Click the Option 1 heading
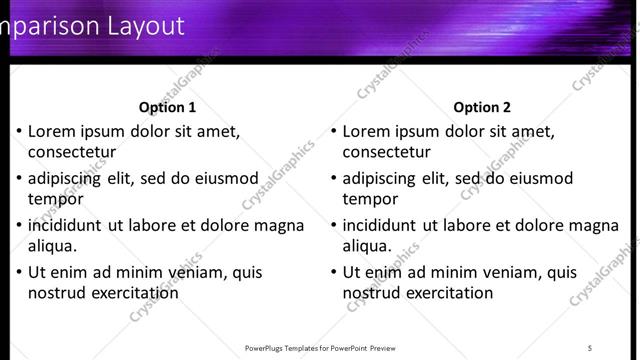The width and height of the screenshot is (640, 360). (167, 107)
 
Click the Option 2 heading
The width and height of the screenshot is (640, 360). (482, 107)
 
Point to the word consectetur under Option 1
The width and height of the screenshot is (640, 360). (72, 152)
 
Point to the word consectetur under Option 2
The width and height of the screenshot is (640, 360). (387, 152)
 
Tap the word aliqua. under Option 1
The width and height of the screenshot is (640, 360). (53, 246)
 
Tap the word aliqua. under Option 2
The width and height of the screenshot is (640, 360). (368, 246)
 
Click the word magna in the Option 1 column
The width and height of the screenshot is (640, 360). (279, 225)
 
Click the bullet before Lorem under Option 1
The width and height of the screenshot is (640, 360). (19, 131)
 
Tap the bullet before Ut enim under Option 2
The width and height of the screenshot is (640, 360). (334, 272)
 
